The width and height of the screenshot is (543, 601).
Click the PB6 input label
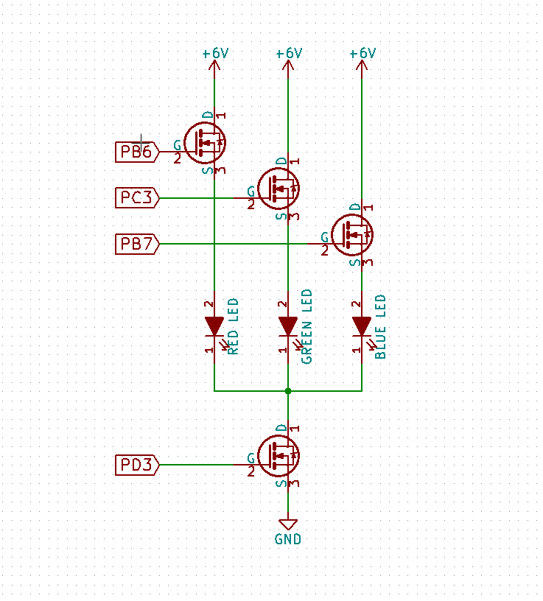point(137,152)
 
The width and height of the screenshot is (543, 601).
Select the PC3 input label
point(137,197)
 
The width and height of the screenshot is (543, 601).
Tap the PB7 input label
point(137,243)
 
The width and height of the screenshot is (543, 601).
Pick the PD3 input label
point(137,465)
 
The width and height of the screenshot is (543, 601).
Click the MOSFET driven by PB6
point(205,143)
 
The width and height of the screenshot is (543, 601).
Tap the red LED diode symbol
point(214,326)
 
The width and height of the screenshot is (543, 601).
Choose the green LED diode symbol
point(288,326)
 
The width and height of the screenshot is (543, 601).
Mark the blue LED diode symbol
point(362,326)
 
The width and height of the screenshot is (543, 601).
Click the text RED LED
point(234,326)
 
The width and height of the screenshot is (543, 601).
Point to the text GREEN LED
point(307,326)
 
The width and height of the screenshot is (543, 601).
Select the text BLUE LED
point(381,326)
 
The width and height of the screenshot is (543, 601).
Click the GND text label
point(288,539)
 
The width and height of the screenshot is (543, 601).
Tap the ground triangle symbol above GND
point(288,523)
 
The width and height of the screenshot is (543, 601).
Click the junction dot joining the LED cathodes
point(288,390)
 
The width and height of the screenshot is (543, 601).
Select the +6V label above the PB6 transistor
point(215,53)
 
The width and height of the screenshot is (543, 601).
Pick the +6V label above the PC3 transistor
point(289,53)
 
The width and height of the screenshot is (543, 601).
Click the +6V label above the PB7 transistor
point(362,53)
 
